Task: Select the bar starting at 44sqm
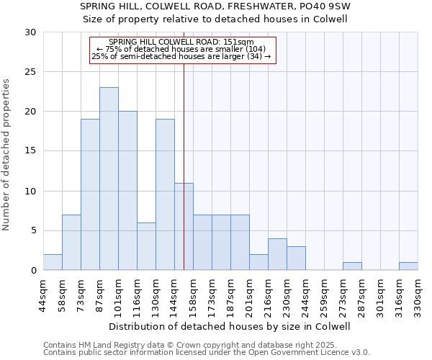click(53, 262)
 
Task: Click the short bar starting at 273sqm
click(352, 266)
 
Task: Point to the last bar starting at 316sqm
click(408, 266)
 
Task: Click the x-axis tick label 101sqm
click(118, 294)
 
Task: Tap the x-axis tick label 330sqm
click(418, 294)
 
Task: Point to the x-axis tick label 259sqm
click(324, 294)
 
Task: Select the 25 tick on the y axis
click(30, 72)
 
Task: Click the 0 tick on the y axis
click(33, 271)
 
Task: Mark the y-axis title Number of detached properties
click(7, 155)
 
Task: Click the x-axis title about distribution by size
click(230, 326)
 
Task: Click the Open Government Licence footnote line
click(207, 352)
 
